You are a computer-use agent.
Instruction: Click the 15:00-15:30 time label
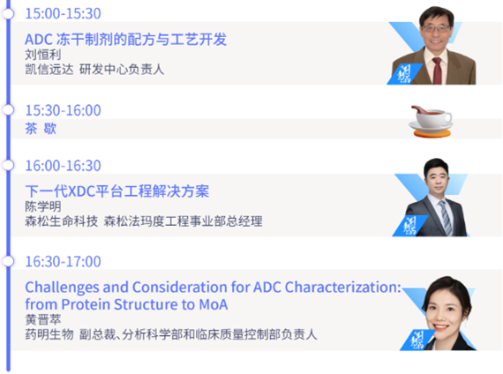coord(63,13)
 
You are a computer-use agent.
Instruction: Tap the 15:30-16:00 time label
coord(63,110)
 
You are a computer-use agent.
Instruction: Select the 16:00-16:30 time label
coord(63,166)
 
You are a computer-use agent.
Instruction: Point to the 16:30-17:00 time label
coord(63,261)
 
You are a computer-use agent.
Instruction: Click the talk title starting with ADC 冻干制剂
coord(125,40)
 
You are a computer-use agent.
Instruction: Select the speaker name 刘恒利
coord(43,55)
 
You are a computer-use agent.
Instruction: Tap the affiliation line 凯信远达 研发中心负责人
coord(94,70)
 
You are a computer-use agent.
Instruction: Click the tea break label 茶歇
coord(41,129)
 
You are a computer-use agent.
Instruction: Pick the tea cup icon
coord(431,122)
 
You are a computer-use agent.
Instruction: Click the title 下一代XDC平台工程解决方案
coord(117,191)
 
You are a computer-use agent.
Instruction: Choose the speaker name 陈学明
coord(43,206)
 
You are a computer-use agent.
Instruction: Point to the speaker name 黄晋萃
coord(43,319)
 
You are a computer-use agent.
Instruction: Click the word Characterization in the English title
coord(343,287)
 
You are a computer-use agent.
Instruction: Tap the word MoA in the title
coord(214,304)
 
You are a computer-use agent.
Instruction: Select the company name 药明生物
coord(49,334)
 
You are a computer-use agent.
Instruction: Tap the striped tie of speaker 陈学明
coord(446,218)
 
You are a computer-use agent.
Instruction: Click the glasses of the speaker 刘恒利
coord(436,28)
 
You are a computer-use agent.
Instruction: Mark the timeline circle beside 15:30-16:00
coord(8,110)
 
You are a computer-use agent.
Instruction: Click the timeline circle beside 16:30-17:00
coord(8,261)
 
